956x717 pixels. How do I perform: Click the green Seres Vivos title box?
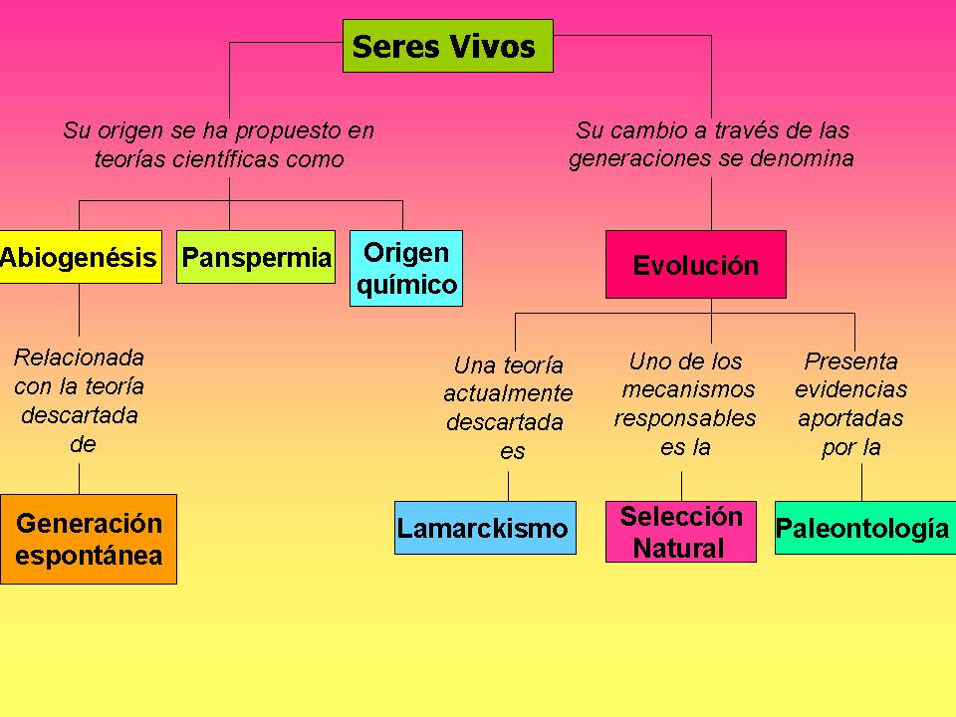click(447, 47)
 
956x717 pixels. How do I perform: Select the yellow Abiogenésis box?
click(80, 258)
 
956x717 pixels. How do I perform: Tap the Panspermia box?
click(256, 258)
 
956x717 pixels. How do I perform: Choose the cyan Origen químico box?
click(406, 268)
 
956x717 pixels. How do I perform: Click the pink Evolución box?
click(695, 265)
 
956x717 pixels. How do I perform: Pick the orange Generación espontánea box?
click(88, 539)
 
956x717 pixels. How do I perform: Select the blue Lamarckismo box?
click(484, 528)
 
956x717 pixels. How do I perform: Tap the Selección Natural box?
click(681, 532)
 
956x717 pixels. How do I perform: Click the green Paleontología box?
click(862, 528)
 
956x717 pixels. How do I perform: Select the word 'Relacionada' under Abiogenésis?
click(80, 357)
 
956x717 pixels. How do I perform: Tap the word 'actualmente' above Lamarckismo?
click(508, 393)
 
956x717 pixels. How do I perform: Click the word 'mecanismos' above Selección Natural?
click(688, 389)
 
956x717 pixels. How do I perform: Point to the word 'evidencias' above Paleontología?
click(851, 389)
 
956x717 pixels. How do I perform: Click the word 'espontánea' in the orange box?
click(89, 555)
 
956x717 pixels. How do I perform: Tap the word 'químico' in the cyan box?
click(406, 285)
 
